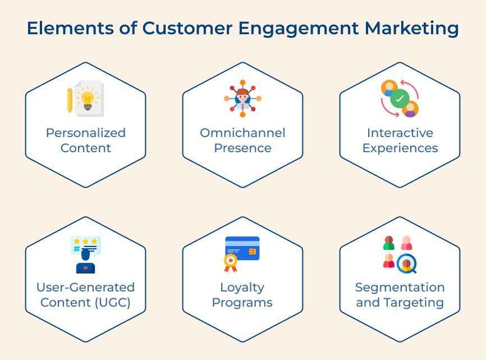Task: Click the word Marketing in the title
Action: point(411,29)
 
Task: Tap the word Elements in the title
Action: point(70,28)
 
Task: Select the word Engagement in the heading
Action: point(299,29)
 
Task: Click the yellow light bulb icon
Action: point(88,99)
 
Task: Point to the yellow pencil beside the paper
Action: point(70,101)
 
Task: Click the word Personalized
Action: point(86,133)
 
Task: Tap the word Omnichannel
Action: point(242,133)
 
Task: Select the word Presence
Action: point(242,148)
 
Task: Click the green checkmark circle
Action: point(400,99)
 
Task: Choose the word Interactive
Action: point(400,133)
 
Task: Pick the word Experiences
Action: point(400,148)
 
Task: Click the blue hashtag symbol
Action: point(76,249)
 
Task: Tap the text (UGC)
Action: point(113,302)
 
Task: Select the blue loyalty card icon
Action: point(242,248)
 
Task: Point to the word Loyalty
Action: point(242,288)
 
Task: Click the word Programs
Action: point(242,303)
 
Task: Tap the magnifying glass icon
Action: point(407,264)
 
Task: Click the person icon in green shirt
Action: point(389,243)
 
